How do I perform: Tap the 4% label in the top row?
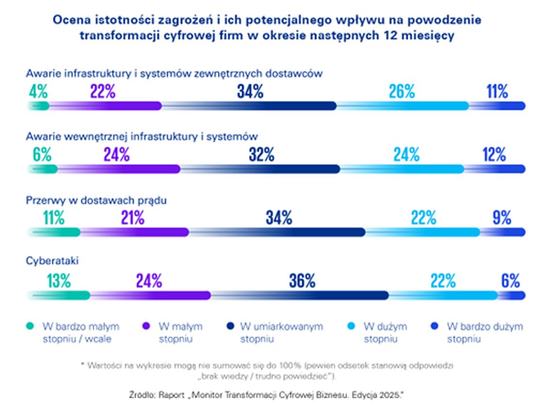pos(38,92)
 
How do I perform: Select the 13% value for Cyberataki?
pos(59,281)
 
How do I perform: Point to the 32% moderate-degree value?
pos(262,155)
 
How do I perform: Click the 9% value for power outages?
pos(501,218)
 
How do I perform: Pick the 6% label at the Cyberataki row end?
pos(511,281)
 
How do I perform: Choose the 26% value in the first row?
pos(401,92)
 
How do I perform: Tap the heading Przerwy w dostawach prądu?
pos(96,200)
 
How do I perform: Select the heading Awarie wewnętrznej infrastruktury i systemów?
pos(141,136)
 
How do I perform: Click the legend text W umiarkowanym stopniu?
pos(281,332)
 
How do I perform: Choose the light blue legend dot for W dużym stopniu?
pos(353,326)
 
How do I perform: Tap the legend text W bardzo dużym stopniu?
pos(484,332)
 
